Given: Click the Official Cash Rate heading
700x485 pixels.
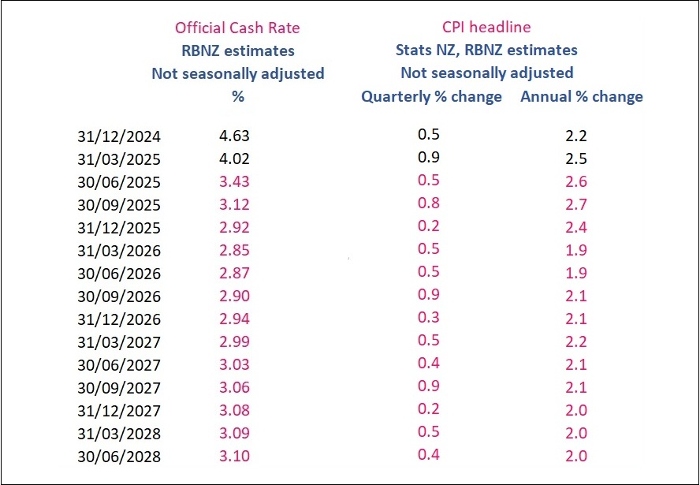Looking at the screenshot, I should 237,28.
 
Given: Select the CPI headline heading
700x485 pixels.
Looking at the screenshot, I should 486,28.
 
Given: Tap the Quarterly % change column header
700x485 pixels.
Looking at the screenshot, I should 431,97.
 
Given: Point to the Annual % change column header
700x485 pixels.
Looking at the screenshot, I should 581,97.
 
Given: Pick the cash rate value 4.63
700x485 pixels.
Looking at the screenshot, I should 234,136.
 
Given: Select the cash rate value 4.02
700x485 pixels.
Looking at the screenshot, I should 234,159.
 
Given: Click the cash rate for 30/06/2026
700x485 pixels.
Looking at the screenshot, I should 234,273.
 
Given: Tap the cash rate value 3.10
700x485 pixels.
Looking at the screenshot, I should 234,456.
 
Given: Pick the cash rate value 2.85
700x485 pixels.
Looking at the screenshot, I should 234,250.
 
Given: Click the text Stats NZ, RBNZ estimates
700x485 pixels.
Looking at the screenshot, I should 486,50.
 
